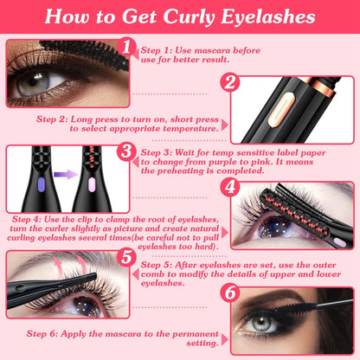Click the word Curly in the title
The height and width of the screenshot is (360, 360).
pos(189,16)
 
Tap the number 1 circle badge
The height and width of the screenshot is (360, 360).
pos(126,47)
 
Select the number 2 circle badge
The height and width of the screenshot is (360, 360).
pos(230,82)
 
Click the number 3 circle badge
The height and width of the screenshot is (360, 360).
pos(126,151)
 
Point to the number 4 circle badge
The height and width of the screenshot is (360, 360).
pos(230,187)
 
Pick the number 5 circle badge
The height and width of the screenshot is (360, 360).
pos(126,257)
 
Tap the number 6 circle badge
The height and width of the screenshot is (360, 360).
pos(230,292)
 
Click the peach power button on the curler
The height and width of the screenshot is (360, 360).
pos(281,110)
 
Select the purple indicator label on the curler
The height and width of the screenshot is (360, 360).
pos(42,185)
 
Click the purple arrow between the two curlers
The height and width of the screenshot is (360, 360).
pos(66,175)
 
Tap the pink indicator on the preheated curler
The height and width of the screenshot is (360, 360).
pos(92,185)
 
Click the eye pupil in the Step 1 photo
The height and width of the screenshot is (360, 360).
pos(33,81)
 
